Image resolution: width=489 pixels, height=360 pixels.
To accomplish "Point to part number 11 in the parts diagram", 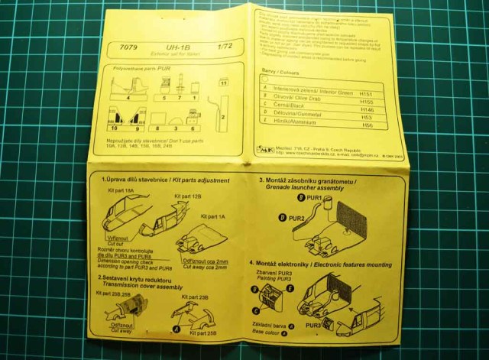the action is coord(223,82).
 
